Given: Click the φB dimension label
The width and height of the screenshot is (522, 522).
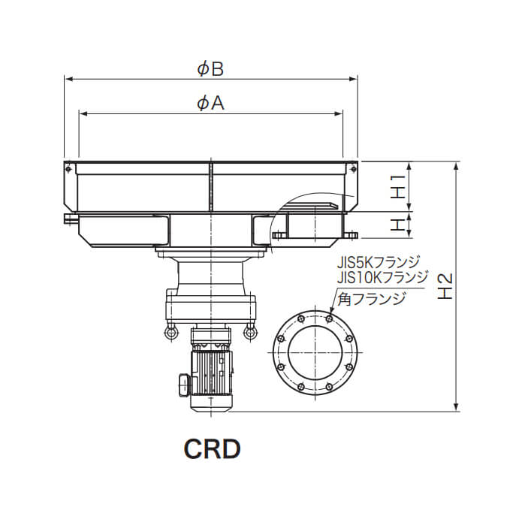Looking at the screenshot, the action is click(210, 69).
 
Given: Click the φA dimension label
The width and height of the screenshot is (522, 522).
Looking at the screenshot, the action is click(210, 103).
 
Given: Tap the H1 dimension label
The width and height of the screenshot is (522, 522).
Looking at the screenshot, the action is click(398, 186).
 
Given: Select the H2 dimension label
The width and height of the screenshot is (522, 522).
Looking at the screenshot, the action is click(445, 286).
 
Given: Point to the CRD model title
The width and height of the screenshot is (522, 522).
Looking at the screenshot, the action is click(212, 449).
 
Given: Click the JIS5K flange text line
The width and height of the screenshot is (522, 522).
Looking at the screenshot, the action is click(379, 263).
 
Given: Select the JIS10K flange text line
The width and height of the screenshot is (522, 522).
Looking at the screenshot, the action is click(382, 277).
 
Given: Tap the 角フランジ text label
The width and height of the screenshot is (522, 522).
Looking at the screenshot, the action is click(372, 299).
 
